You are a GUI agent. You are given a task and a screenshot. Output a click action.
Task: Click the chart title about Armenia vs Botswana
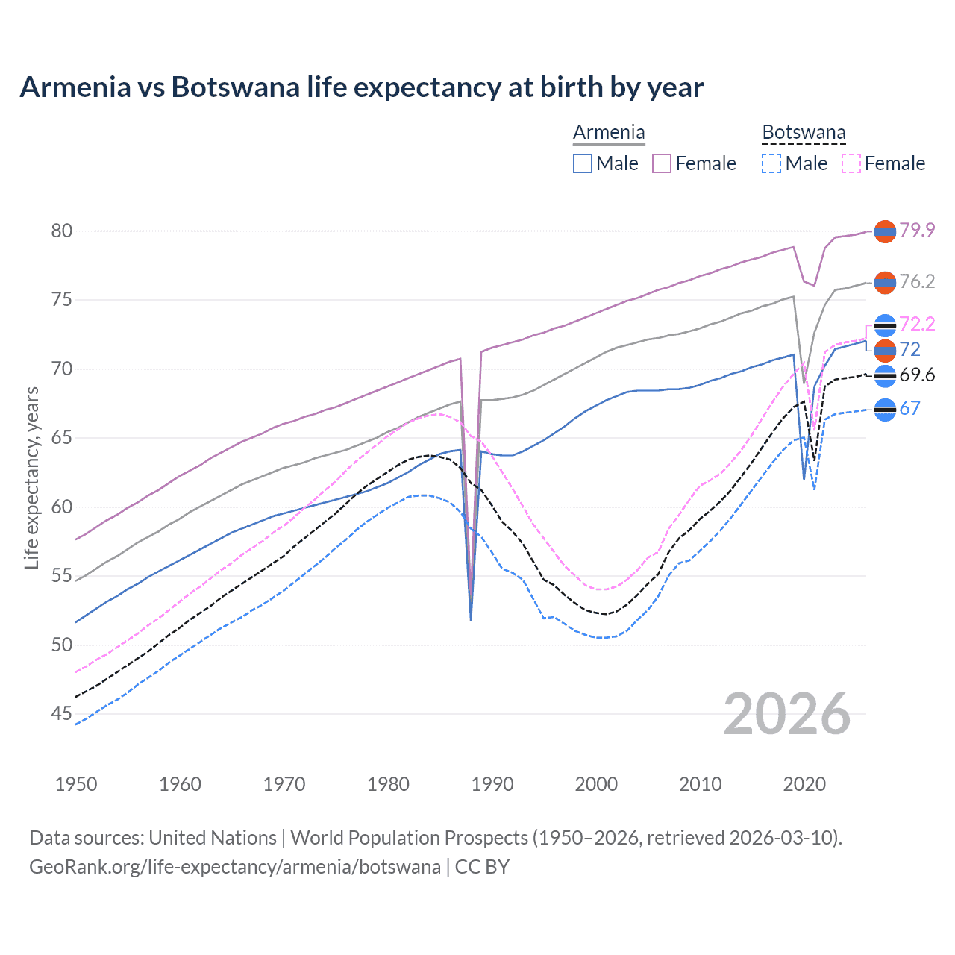[361, 87]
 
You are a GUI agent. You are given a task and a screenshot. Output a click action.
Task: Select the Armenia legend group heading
[609, 133]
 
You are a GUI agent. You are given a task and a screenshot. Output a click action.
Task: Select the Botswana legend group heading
[804, 133]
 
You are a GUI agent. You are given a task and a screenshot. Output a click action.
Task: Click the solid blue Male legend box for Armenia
[583, 163]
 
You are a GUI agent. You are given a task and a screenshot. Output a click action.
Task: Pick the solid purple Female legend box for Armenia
[662, 163]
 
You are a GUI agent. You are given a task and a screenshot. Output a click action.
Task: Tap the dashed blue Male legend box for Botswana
[771, 163]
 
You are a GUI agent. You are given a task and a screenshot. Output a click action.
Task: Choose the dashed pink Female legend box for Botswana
[851, 163]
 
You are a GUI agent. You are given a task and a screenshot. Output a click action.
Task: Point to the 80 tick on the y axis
[62, 231]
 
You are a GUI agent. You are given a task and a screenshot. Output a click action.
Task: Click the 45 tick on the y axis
[62, 714]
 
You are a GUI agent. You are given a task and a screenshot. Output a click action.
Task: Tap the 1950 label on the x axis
[76, 784]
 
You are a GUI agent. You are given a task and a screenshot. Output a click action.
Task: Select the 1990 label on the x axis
[492, 784]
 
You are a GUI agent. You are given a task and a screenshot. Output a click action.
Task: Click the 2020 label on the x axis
[804, 784]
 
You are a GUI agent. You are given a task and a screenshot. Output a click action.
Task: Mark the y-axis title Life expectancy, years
[31, 477]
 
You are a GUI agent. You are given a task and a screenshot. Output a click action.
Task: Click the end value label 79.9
[917, 230]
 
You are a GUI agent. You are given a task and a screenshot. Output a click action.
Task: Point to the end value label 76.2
[917, 281]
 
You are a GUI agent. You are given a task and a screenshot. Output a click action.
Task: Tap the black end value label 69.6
[917, 375]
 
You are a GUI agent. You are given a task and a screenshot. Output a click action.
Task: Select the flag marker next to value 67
[885, 410]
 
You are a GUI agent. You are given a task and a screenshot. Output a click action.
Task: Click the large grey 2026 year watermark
[787, 714]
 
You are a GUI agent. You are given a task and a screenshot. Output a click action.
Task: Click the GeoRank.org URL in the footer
[234, 867]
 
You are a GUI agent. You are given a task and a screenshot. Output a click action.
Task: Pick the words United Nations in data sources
[213, 838]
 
